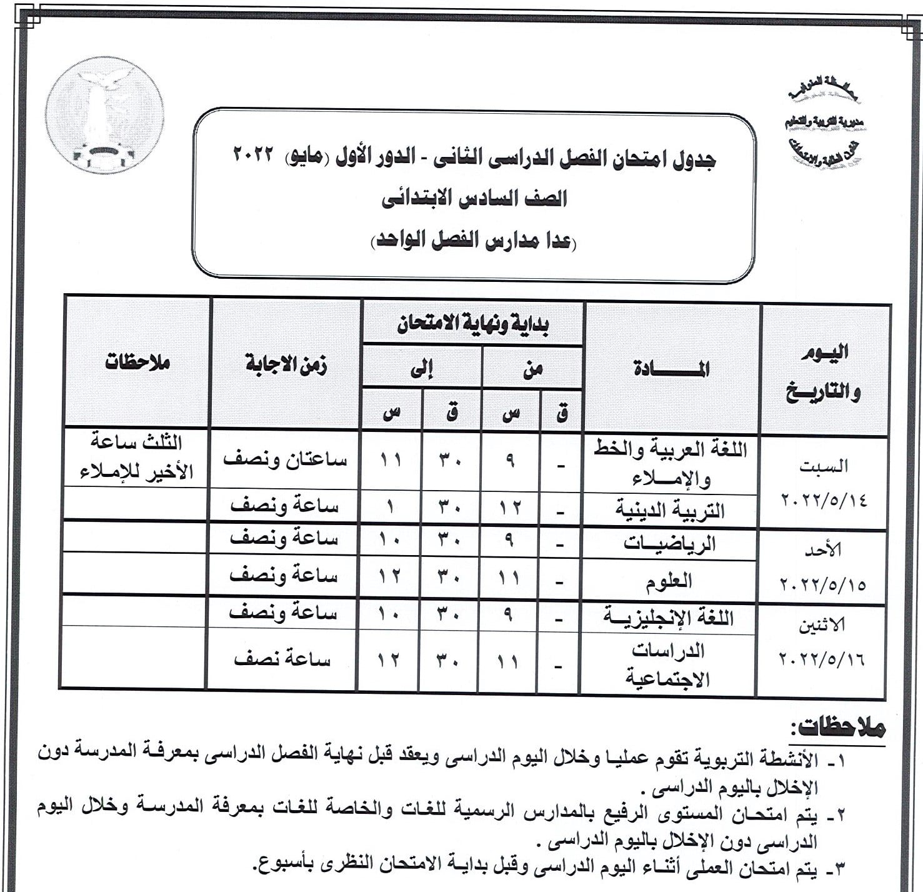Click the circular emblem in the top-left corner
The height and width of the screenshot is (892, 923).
[x=105, y=116]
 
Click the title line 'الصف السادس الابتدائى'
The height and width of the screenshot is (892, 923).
[x=474, y=199]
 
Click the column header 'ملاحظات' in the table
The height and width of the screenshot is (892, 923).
[x=137, y=363]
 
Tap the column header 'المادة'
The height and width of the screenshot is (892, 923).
[x=671, y=369]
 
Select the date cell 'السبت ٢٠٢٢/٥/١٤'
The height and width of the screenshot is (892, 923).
[x=824, y=483]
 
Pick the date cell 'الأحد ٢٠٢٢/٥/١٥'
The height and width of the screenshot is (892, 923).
[x=824, y=567]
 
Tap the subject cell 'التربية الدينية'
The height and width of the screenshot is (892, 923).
[x=671, y=510]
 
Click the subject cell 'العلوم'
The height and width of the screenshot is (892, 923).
[x=669, y=581]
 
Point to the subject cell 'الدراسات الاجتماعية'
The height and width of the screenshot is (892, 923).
[x=668, y=664]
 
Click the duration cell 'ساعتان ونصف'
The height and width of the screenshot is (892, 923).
[x=285, y=459]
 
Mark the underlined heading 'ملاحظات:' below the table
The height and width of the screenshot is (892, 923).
[x=837, y=728]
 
